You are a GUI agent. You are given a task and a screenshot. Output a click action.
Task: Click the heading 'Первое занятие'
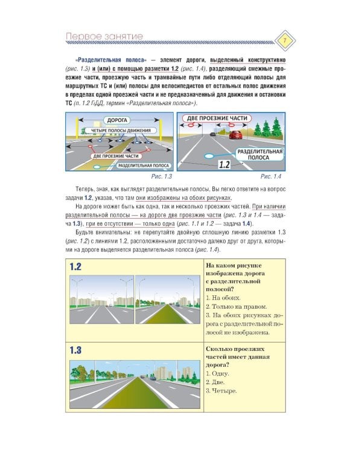click(105, 37)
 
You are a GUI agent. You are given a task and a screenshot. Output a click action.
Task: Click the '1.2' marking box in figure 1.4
click(224, 164)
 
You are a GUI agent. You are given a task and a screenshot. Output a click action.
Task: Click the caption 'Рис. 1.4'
click(271, 176)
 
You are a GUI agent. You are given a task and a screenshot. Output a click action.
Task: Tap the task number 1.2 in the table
click(75, 266)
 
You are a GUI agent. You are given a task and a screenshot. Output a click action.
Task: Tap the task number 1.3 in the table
click(75, 350)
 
